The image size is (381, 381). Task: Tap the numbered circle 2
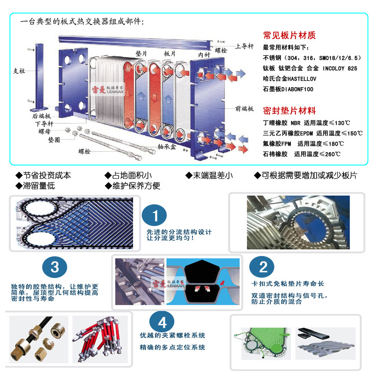click(x=263, y=267)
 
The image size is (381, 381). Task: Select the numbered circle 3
click(x=55, y=267)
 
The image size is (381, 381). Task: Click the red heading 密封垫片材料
click(x=290, y=111)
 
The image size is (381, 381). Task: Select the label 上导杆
click(x=245, y=46)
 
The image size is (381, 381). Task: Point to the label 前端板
click(x=244, y=109)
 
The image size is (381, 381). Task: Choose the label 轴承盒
click(x=167, y=147)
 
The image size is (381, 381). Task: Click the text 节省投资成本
click(x=43, y=176)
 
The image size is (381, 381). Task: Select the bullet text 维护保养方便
click(x=132, y=186)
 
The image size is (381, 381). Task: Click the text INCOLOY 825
click(x=340, y=68)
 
